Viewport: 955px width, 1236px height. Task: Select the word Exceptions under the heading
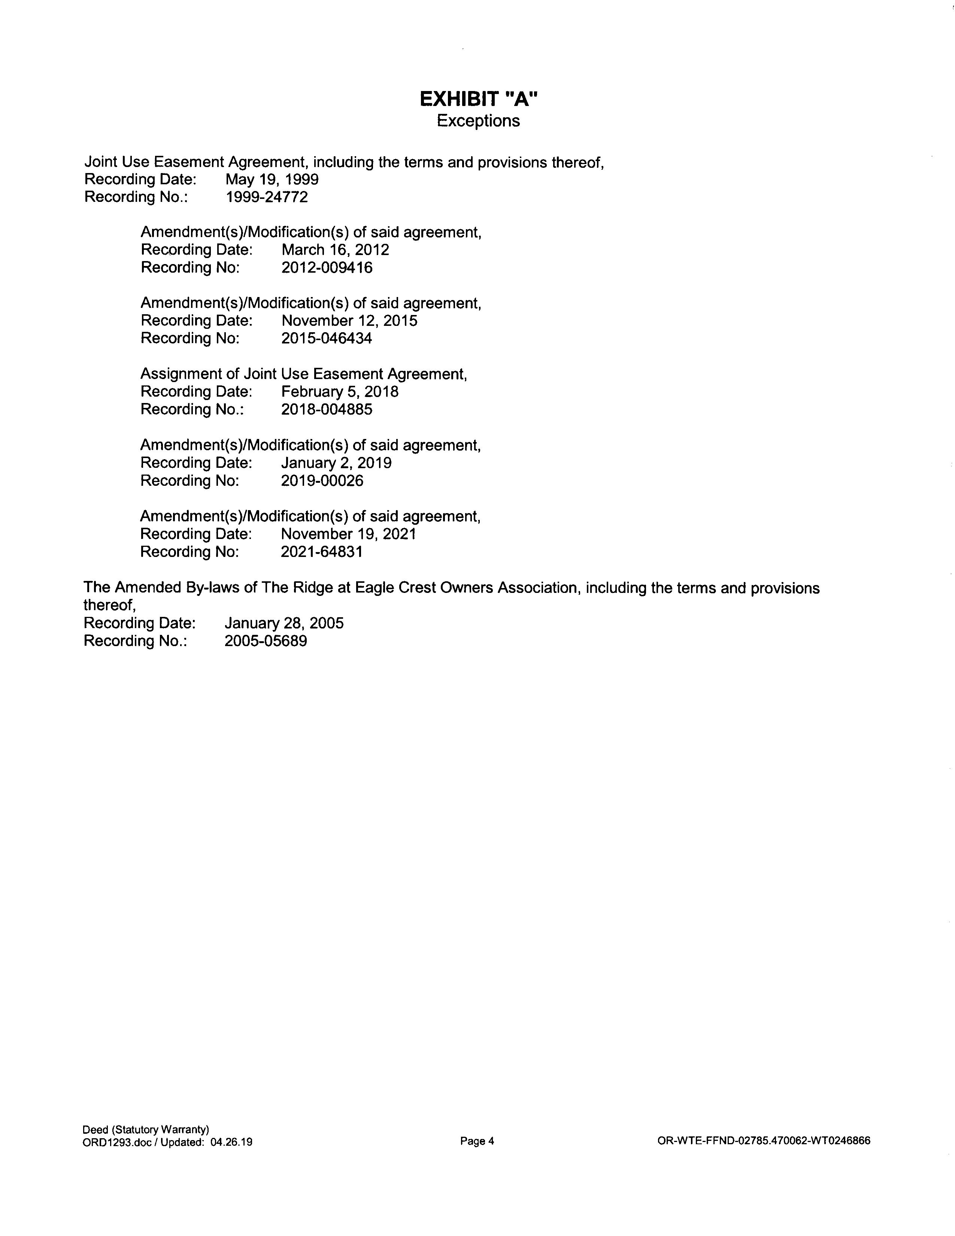tap(478, 121)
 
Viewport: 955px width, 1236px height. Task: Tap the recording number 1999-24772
tap(267, 197)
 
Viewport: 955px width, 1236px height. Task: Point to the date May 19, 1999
tap(272, 179)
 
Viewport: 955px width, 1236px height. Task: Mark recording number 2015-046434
tap(327, 339)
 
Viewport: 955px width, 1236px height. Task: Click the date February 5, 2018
tap(339, 392)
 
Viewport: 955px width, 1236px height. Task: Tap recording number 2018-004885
tap(327, 409)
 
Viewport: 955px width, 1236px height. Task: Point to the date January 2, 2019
tap(336, 463)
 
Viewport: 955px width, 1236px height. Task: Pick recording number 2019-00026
tap(322, 481)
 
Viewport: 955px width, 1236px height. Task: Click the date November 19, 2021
tap(349, 534)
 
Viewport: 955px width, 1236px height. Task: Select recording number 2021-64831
tap(321, 551)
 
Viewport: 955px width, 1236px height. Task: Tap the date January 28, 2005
tap(284, 623)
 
